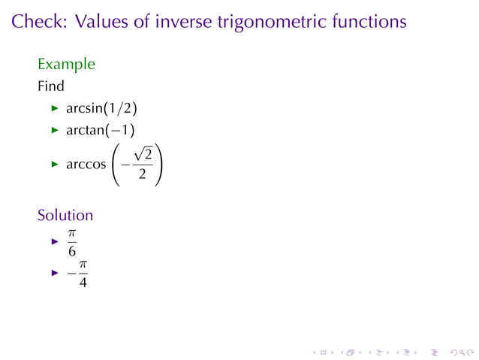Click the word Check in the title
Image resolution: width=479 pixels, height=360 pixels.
(x=38, y=22)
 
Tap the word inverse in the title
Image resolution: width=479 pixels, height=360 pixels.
(x=182, y=22)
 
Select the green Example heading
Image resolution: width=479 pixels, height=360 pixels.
(x=67, y=65)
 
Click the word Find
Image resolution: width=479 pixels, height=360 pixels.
(x=51, y=86)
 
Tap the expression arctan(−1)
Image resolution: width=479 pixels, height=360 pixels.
(x=101, y=131)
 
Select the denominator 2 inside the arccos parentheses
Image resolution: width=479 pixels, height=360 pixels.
(x=142, y=175)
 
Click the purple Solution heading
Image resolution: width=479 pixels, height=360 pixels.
(x=65, y=215)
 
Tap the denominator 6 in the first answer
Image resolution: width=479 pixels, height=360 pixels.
(x=72, y=251)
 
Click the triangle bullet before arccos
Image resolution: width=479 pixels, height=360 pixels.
(x=54, y=165)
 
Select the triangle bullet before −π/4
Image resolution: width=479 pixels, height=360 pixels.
(x=54, y=274)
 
